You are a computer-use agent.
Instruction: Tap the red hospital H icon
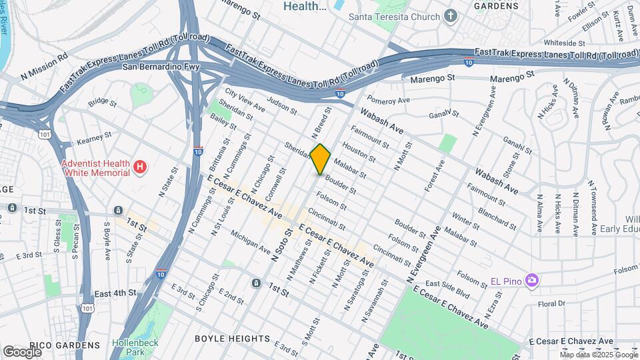pos(139,167)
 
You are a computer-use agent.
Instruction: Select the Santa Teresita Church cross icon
pos(451,16)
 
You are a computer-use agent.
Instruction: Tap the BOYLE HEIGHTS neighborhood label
pos(233,339)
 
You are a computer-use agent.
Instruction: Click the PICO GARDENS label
pos(71,345)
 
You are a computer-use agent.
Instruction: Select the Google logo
pos(22,351)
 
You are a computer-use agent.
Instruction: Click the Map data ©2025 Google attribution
pos(598,355)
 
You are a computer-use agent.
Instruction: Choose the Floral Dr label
pos(551,303)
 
